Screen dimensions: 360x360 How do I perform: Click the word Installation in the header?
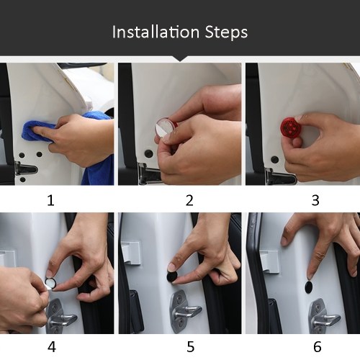[156, 32]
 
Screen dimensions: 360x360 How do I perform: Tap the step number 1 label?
[50, 200]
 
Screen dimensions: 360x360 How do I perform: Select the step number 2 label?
[189, 200]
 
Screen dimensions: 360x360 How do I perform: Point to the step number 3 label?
[315, 200]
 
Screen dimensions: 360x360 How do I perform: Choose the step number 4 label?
[52, 347]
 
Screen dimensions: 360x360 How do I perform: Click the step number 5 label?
[191, 347]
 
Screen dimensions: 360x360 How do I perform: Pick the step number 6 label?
[318, 347]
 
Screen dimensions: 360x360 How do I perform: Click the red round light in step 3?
[290, 127]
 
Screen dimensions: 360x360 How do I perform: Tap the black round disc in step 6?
[310, 287]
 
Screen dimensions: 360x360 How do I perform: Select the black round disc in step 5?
[173, 276]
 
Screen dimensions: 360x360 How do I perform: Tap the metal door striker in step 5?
[185, 311]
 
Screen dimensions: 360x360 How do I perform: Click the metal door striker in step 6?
[325, 317]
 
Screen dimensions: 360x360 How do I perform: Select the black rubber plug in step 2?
[148, 153]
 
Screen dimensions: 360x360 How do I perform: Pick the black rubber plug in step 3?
[274, 159]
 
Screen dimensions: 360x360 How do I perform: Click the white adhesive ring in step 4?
[50, 283]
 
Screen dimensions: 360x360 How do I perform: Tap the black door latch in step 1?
[26, 169]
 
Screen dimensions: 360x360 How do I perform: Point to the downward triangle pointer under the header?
[180, 59]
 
